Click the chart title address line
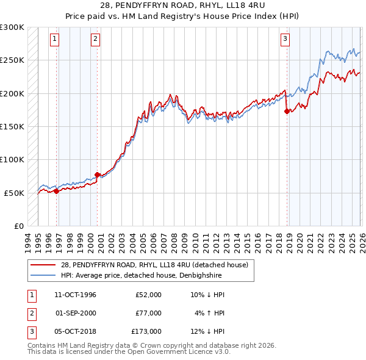[182, 6]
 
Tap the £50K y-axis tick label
[14, 193]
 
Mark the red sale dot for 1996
[57, 191]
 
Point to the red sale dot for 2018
[287, 111]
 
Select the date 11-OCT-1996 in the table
[76, 295]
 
